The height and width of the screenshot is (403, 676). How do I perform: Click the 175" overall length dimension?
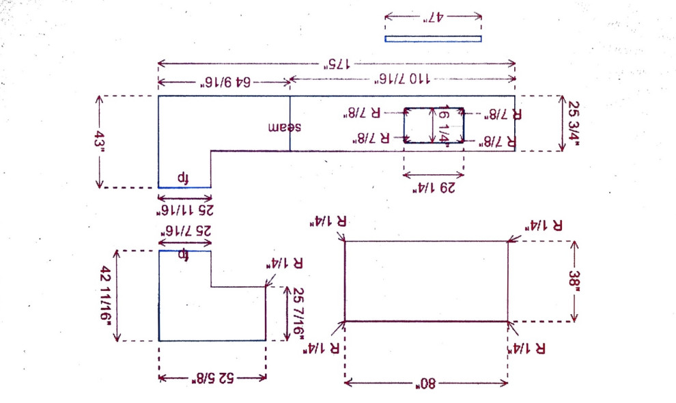(x=337, y=64)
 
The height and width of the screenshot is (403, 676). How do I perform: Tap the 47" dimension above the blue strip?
(x=433, y=17)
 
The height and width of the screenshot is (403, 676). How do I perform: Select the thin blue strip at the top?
(x=433, y=39)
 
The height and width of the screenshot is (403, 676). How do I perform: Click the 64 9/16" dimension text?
(x=225, y=83)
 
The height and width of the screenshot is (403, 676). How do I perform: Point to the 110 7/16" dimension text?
(x=402, y=80)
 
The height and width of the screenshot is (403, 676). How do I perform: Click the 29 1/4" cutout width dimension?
(x=433, y=185)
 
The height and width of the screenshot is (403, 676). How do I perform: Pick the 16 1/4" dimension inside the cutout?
(x=443, y=124)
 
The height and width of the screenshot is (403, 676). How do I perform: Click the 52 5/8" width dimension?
(x=212, y=378)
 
